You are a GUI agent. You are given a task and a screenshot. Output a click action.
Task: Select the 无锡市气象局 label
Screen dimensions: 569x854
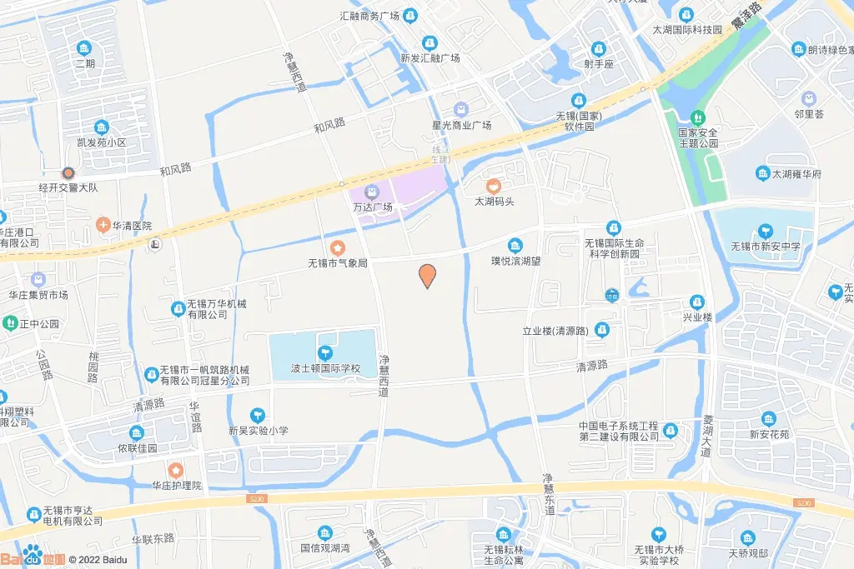point(338,262)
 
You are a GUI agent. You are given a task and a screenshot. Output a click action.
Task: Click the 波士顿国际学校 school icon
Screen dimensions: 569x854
point(325,352)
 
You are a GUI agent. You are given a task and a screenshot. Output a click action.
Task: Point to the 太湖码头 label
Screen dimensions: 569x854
point(495,201)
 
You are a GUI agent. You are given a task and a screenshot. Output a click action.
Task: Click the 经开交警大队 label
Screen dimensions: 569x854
point(68,187)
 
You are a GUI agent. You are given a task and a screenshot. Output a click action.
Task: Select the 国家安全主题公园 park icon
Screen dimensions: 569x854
point(698,117)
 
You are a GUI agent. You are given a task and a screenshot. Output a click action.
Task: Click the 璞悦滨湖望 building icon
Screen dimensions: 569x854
point(515,244)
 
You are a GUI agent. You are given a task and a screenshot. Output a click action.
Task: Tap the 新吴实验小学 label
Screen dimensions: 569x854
point(259,430)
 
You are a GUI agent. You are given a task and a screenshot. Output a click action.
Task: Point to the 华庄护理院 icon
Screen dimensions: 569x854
point(176,471)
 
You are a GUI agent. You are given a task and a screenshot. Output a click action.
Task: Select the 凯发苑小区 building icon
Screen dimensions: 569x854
point(102,127)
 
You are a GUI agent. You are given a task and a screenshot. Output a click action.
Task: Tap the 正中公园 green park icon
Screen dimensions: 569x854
point(11,322)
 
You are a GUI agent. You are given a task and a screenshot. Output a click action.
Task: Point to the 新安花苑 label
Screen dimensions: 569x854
point(768,433)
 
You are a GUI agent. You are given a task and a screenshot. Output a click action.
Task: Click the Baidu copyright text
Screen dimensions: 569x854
point(98,559)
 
